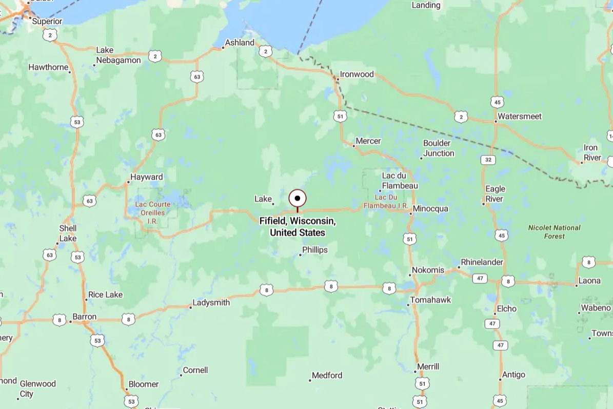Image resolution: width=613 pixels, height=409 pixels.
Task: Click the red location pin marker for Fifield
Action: [298, 199]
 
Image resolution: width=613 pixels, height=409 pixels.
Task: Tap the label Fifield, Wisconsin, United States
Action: [298, 227]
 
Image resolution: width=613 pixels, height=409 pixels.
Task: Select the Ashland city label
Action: [240, 43]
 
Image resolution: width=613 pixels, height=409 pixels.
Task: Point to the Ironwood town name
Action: [357, 74]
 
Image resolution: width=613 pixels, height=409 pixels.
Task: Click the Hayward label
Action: [147, 177]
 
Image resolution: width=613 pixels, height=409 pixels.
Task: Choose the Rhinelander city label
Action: [482, 262]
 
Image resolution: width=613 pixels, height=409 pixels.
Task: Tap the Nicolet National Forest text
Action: [554, 232]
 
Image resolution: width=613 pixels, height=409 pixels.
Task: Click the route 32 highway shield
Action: [488, 160]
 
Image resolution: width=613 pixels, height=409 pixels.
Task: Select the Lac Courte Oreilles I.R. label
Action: [152, 212]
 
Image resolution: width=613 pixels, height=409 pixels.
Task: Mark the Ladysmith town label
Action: [211, 303]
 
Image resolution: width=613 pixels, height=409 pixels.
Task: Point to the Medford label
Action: [327, 376]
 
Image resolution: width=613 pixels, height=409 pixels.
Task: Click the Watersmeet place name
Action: [520, 116]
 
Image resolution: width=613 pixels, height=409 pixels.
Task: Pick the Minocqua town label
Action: [430, 209]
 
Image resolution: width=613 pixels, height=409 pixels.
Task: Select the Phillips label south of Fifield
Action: [315, 250]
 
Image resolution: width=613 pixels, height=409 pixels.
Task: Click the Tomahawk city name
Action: [430, 300]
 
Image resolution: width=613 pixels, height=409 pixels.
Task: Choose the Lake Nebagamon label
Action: [118, 55]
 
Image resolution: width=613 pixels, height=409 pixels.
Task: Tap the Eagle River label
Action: [495, 194]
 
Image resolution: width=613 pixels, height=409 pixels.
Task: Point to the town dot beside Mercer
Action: [353, 146]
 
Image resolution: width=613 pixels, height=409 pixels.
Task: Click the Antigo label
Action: [513, 375]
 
